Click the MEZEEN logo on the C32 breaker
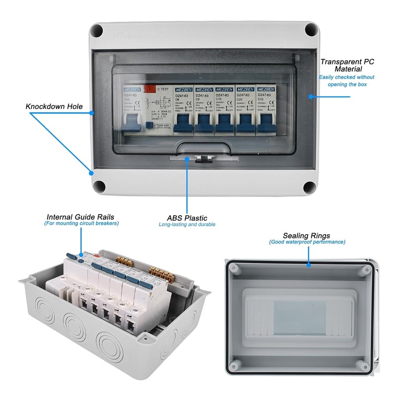264,90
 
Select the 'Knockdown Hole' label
54,106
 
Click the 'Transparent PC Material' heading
347,65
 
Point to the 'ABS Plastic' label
187,218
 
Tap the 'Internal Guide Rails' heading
80,217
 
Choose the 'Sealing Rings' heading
306,236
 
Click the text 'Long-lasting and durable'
187,225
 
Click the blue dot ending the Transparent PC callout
310,97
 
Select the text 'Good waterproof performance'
307,242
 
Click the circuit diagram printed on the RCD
159,105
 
